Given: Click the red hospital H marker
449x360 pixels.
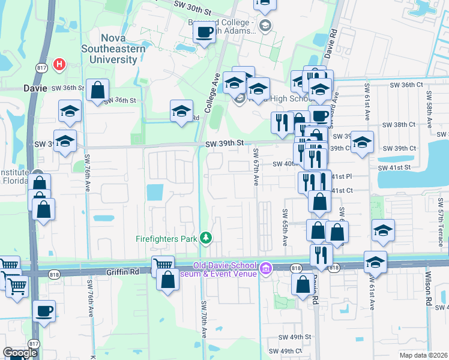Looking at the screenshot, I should tap(59, 64).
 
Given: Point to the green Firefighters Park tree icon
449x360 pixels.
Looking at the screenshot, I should tap(206, 239).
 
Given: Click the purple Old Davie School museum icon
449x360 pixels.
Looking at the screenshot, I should tap(265, 269).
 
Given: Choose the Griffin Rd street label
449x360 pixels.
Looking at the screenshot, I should tap(122, 271).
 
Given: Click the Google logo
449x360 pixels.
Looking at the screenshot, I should tap(19, 353).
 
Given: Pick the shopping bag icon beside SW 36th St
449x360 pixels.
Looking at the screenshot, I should tap(97, 91).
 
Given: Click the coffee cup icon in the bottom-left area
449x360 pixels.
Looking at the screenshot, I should tap(44, 311).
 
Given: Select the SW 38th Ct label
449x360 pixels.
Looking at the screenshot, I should tap(403, 125).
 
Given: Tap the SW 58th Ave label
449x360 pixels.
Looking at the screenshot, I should tap(430, 110).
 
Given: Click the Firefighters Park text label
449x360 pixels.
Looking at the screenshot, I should tap(166, 239).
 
